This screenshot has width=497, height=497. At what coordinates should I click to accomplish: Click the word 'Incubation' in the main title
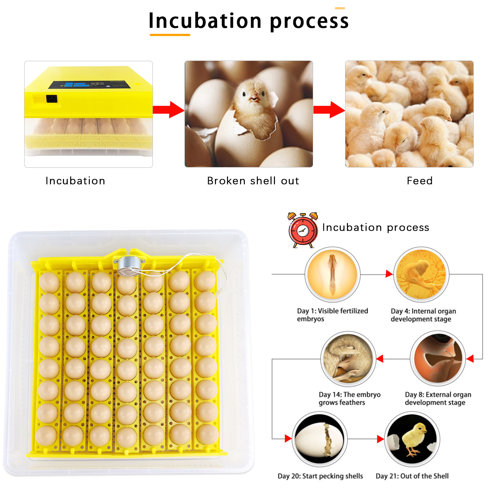click(x=205, y=21)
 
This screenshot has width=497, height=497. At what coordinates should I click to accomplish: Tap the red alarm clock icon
click(x=303, y=230)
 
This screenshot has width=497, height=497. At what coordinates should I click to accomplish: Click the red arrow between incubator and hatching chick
click(x=169, y=110)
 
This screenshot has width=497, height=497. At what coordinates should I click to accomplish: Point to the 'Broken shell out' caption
click(x=253, y=181)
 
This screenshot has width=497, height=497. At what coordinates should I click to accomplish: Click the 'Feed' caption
click(x=420, y=181)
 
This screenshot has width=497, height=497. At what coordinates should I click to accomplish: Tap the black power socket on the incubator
click(x=52, y=99)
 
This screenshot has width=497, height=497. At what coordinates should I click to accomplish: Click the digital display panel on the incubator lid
click(x=89, y=85)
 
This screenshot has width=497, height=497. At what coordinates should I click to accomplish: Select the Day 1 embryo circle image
click(x=332, y=274)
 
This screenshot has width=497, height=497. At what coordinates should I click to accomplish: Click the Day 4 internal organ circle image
click(x=421, y=274)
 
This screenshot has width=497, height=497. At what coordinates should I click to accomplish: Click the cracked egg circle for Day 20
click(x=320, y=439)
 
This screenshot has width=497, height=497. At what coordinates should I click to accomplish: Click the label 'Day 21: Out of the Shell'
click(x=412, y=476)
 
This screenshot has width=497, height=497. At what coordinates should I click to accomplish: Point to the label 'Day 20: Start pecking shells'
click(x=320, y=476)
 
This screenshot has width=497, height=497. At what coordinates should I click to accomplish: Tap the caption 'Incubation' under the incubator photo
click(x=75, y=181)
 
